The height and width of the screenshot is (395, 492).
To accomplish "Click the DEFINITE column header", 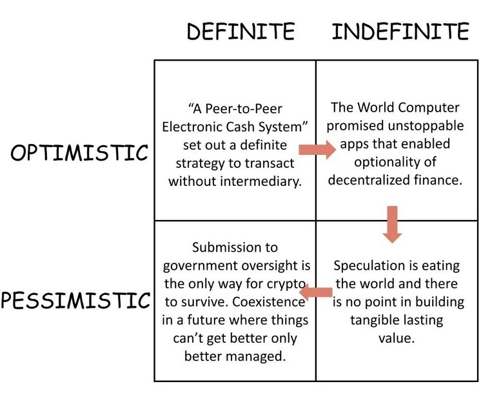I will click(241, 31).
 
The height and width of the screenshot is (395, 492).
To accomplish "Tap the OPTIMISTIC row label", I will click(79, 153).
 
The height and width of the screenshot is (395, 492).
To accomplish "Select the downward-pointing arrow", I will click(391, 223).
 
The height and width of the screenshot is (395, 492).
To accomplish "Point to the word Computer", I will click(428, 107).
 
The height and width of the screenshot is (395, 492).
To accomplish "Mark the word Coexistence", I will click(266, 301).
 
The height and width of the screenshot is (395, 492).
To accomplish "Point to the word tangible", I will click(374, 319).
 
